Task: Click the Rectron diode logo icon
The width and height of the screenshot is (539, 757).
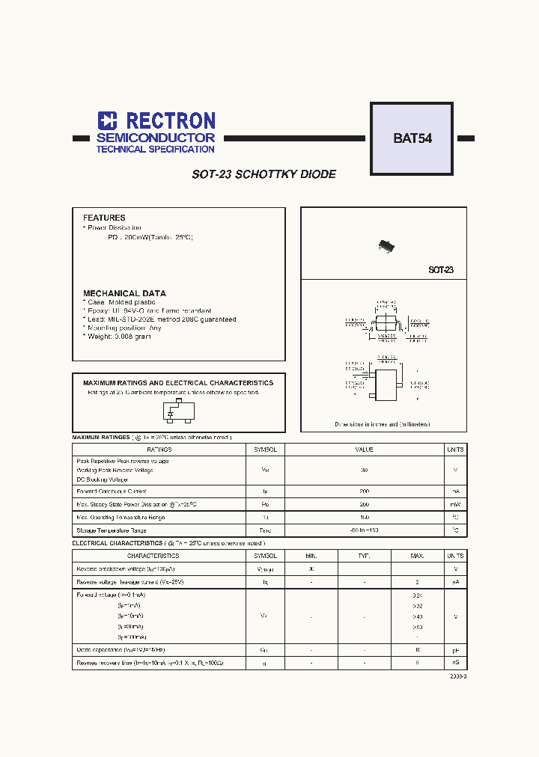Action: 108,121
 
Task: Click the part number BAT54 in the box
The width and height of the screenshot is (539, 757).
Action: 412,138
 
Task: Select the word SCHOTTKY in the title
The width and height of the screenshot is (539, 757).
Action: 266,174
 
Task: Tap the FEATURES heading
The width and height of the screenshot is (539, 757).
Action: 104,218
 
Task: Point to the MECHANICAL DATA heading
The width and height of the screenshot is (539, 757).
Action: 124,293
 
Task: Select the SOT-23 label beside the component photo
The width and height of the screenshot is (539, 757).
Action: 441,270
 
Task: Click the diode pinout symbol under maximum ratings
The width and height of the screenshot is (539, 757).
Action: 171,411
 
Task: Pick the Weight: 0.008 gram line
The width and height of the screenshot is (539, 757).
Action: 119,337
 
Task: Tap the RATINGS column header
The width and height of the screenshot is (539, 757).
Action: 159,450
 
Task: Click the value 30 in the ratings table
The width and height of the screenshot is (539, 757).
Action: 365,471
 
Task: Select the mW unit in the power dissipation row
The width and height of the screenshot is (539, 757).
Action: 454,504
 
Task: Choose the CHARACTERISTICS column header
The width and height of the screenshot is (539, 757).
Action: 153,556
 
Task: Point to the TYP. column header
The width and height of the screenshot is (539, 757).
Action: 364,556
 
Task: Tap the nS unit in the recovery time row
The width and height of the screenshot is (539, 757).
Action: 454,663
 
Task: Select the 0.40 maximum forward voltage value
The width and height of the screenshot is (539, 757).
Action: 417,616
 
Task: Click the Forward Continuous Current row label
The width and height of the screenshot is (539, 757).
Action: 112,491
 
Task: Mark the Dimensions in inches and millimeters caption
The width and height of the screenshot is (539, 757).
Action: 383,424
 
